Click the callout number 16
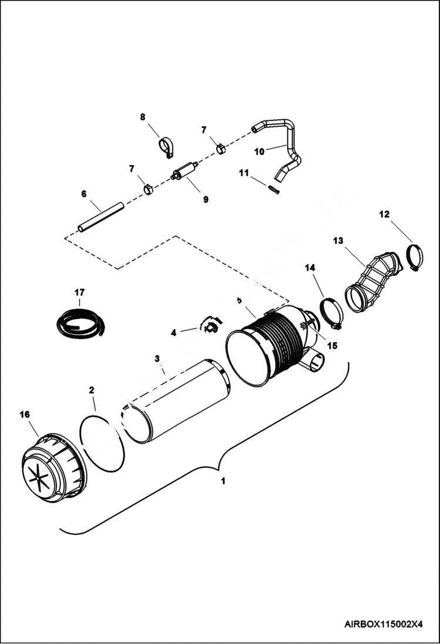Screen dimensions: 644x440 [x=24, y=414]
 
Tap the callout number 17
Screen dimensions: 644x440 [x=79, y=292]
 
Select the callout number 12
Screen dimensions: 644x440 [x=384, y=215]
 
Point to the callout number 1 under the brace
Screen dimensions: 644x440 [x=223, y=481]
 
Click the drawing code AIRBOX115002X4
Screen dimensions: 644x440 [x=384, y=624]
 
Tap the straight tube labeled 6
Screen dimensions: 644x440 [x=101, y=217]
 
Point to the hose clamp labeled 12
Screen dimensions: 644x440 [x=414, y=257]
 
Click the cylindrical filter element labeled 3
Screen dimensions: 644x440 [x=176, y=402]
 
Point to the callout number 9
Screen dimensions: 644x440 [x=206, y=200]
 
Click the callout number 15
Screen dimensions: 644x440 [x=332, y=346]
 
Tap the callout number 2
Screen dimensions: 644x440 [x=92, y=390]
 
